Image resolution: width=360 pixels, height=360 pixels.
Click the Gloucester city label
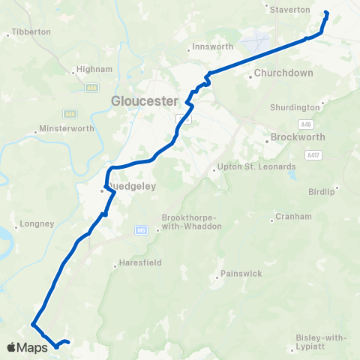[x=143, y=100]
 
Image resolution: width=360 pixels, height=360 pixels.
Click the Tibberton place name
[x=31, y=32]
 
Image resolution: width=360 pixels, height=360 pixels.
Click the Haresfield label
[x=136, y=264]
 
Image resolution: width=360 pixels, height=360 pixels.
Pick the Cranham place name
[x=293, y=217]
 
